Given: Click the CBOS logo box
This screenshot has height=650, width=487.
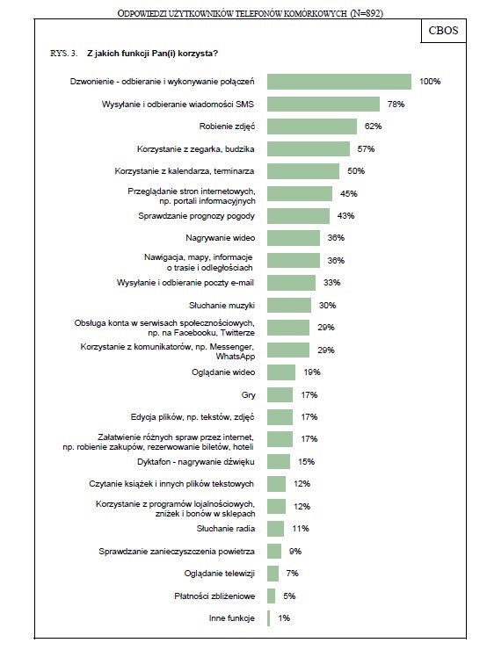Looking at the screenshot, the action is tap(443, 31).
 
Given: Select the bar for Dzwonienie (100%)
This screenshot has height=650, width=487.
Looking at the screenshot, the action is tap(339, 82).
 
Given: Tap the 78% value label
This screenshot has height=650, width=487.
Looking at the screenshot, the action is tap(396, 104).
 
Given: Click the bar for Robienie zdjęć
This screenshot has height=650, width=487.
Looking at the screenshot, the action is tap(312, 126).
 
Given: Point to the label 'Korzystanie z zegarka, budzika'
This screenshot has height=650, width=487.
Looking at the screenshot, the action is tap(196, 148).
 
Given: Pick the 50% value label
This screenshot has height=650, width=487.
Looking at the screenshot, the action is tap(356, 171).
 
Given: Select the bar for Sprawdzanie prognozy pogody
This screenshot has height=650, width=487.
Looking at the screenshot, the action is tap(298, 216).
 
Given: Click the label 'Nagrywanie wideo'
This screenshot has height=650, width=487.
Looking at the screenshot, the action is tap(221, 238).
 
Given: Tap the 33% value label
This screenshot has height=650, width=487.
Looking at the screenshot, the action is tap(332, 283).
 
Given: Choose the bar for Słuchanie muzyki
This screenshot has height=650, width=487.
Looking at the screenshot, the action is tap(289, 305).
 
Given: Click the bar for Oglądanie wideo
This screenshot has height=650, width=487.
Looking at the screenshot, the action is tap(281, 372).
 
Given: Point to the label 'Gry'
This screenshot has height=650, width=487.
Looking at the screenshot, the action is tap(249, 395).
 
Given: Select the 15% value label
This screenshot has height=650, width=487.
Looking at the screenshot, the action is tap(306, 462).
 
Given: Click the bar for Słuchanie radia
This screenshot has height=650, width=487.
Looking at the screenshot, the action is tap(275, 529).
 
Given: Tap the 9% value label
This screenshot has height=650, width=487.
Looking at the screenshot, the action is tap(295, 552).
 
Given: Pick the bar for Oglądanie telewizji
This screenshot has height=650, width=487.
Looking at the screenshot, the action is tap(273, 574).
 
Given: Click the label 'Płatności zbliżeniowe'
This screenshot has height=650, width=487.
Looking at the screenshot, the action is tap(214, 596).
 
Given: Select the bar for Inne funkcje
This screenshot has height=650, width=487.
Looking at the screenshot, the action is tap(269, 618).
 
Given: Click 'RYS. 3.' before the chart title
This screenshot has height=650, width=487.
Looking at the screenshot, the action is tap(63, 54).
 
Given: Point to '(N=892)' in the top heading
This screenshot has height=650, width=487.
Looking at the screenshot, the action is tap(367, 13).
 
